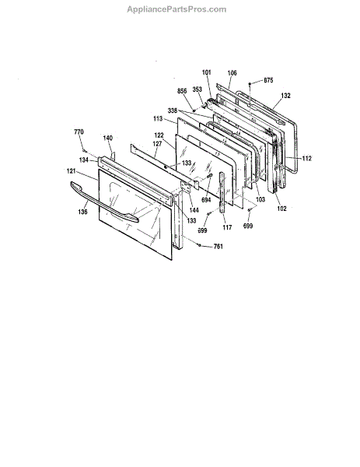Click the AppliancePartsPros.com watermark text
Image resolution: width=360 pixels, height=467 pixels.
(177, 9)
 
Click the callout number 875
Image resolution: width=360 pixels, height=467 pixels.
(268, 80)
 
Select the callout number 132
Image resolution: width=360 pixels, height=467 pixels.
(285, 96)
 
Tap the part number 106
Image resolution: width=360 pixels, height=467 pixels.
(232, 73)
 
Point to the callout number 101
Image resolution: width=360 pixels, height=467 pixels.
(207, 72)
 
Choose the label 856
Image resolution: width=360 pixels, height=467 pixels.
(182, 91)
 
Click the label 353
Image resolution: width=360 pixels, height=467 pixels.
(197, 90)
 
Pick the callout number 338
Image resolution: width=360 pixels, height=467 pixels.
(173, 111)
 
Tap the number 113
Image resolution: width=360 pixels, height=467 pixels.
(158, 119)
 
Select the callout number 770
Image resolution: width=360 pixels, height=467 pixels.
(79, 132)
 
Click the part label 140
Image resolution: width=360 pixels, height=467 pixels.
(108, 138)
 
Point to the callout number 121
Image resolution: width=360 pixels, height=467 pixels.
(72, 171)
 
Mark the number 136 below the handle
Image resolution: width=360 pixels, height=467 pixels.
(82, 212)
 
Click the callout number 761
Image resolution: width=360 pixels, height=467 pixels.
(218, 246)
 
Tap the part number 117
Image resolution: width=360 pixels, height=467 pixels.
(227, 227)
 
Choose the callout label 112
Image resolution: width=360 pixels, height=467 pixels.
(307, 158)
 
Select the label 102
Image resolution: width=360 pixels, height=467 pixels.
(281, 209)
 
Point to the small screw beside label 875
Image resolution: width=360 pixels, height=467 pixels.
(250, 84)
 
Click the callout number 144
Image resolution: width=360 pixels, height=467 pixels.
(194, 210)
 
